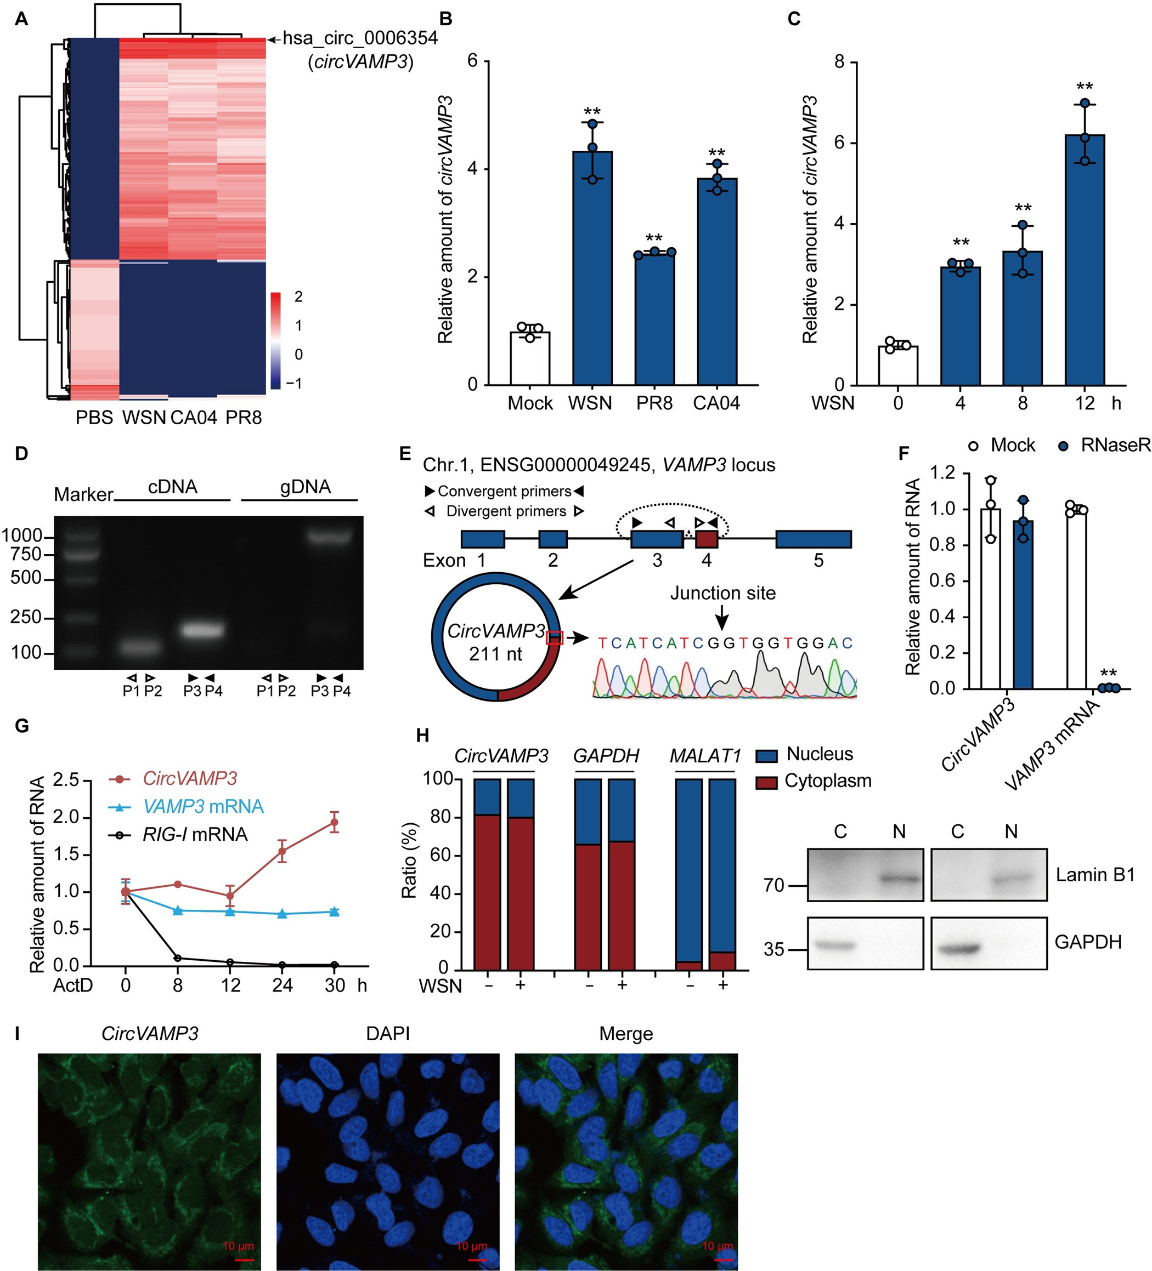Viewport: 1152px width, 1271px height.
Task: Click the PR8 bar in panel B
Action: [654, 318]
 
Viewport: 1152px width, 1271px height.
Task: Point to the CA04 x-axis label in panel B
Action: [716, 403]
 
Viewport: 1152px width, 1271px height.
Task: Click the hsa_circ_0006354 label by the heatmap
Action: [360, 38]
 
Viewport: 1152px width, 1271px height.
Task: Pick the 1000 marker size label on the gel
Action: [22, 536]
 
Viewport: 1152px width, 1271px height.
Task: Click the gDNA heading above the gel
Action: [306, 487]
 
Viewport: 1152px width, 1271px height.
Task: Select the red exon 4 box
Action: [707, 539]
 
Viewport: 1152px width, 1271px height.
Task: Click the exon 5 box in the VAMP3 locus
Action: [813, 539]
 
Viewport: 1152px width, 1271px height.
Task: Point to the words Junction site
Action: [722, 592]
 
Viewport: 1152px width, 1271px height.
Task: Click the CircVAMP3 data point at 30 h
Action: [335, 822]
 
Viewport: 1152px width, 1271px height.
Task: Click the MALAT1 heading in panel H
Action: [705, 755]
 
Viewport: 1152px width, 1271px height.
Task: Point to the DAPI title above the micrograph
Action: [387, 1033]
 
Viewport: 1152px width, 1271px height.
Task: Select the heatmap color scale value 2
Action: [298, 297]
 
